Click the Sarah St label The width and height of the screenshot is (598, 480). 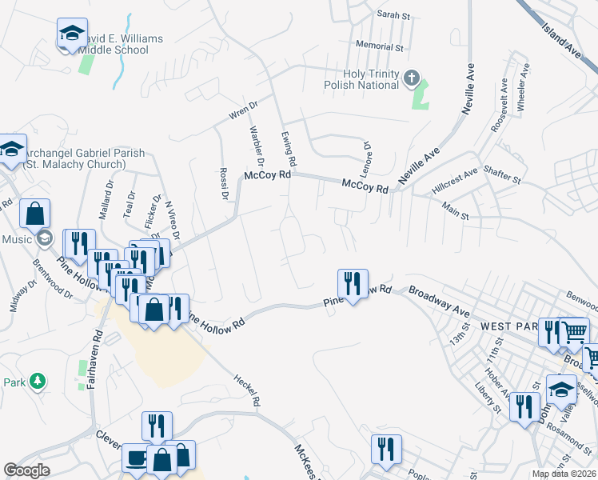(x=393, y=15)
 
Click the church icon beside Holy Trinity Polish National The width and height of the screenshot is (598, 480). (x=412, y=78)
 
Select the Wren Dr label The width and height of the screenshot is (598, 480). (x=243, y=110)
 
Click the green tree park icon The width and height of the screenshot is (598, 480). (x=36, y=380)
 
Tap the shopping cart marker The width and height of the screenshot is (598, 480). (x=575, y=330)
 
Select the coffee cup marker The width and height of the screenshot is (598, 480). (x=135, y=458)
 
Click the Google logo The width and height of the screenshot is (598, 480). (x=26, y=470)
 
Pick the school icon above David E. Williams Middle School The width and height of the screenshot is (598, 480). (x=72, y=34)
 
